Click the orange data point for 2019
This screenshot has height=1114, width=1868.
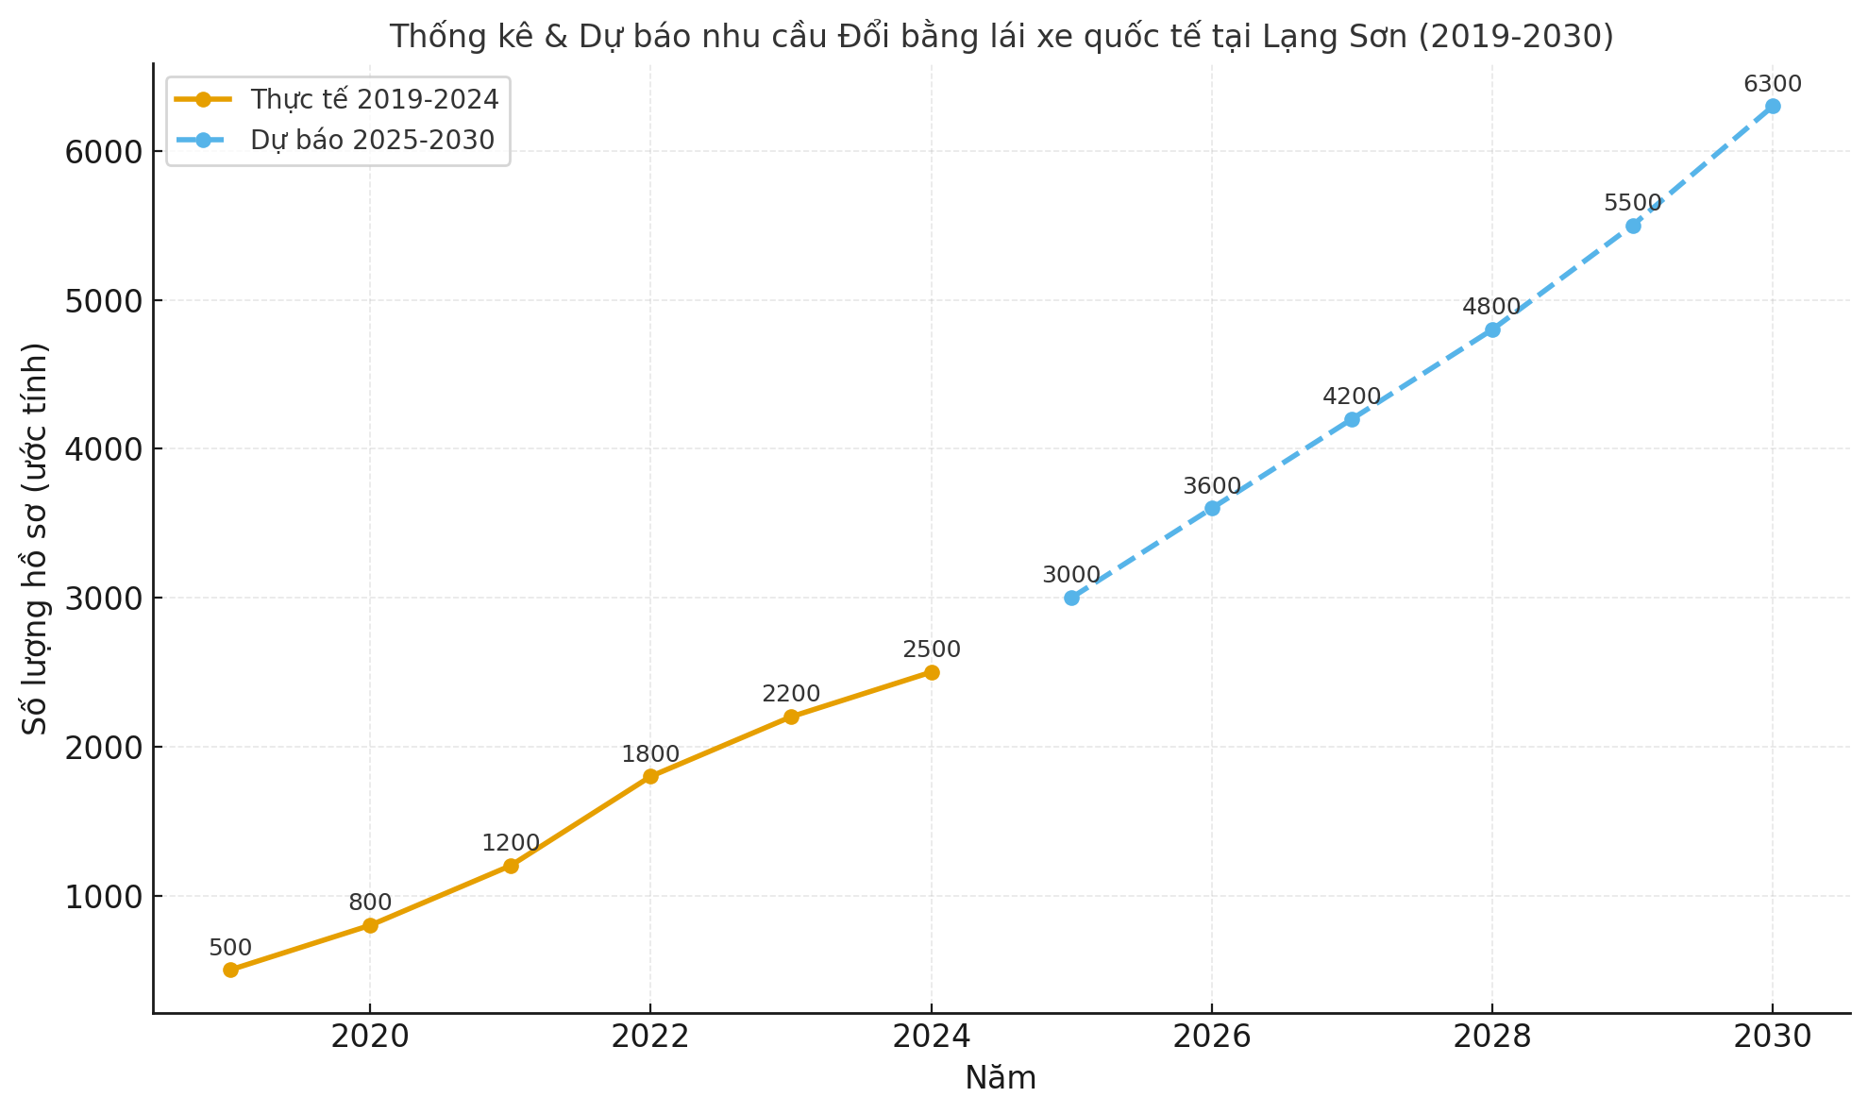[230, 970]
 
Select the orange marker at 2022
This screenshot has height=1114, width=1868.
[650, 776]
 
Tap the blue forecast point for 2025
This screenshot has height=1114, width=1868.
[1071, 598]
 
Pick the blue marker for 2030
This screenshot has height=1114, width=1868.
[1773, 107]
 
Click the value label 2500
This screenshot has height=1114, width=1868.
[932, 650]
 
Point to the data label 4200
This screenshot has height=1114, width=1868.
[1352, 397]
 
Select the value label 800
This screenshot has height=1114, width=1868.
[370, 903]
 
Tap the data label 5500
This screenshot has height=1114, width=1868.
[1633, 203]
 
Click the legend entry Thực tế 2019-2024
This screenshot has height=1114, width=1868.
[374, 98]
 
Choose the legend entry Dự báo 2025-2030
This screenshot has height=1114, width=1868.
[372, 140]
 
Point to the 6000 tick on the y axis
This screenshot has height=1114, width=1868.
[103, 152]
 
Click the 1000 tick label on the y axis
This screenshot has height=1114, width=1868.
[103, 897]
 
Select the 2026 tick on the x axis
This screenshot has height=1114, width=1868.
[1212, 1037]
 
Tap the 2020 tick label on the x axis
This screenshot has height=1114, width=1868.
[370, 1037]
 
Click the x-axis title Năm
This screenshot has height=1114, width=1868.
[1001, 1078]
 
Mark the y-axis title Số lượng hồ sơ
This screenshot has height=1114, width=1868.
[36, 538]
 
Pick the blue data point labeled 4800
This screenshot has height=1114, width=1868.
[1492, 329]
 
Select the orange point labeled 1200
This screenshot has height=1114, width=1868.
[511, 866]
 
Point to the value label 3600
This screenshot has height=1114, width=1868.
[1212, 486]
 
